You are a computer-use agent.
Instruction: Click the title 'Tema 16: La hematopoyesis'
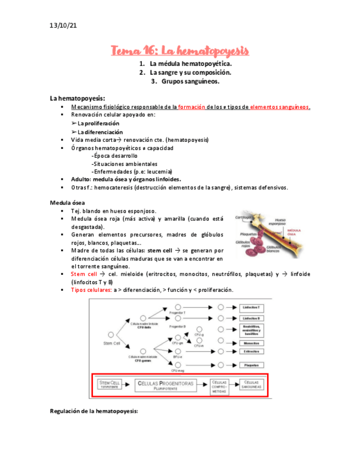[180, 51]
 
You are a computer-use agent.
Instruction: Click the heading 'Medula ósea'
[67, 203]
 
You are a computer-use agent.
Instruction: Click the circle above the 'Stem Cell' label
[111, 334]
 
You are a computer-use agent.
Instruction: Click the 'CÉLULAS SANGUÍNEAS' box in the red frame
[250, 384]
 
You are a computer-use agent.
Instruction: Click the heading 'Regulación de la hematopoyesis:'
[94, 411]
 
